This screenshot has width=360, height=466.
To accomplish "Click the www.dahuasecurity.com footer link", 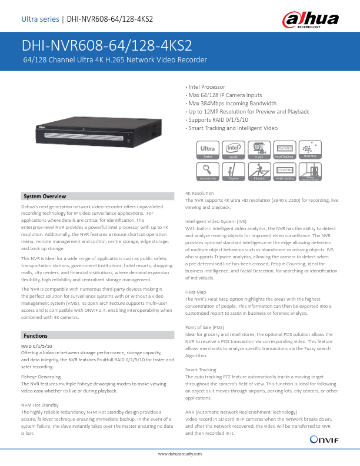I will pyautogui.click(x=180, y=455).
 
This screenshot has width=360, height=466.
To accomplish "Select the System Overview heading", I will pyautogui.click(x=45, y=196).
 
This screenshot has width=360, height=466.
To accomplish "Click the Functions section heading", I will pyautogui.click(x=35, y=335).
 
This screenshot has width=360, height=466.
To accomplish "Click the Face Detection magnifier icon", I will pyautogui.click(x=208, y=171).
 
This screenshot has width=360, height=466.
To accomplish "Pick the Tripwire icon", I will pyautogui.click(x=234, y=171).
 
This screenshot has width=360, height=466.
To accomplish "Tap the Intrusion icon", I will pyautogui.click(x=259, y=171).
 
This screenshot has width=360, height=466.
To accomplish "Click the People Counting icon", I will pyautogui.click(x=284, y=171).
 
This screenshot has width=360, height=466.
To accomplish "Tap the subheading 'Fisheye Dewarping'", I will pyautogui.click(x=42, y=375).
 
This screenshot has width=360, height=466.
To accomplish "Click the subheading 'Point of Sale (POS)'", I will pyautogui.click(x=204, y=327).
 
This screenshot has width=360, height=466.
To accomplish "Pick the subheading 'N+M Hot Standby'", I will pyautogui.click(x=39, y=405).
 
